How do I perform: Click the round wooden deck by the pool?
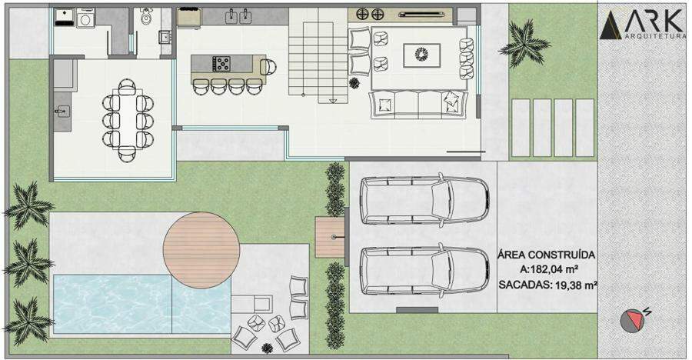point(201,251)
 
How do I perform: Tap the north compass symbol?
point(632,320)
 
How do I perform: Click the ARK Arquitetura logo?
point(643,25)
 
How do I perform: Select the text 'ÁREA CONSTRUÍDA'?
point(547,255)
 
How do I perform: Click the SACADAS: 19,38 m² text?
point(547,285)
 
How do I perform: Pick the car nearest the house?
point(424,200)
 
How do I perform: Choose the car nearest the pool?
point(424,271)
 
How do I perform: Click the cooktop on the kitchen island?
point(221,64)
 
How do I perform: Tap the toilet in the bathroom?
point(146,16)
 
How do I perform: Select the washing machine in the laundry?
point(85,18)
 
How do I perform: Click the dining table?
point(127,120)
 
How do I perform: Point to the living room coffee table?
point(421,55)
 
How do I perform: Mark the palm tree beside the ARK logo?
point(524,43)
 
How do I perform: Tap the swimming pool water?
point(141,303)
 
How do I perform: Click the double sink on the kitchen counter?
point(238,17)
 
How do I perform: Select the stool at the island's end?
point(268,67)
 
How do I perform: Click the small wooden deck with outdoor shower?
point(330,237)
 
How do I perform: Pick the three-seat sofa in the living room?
point(418,105)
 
